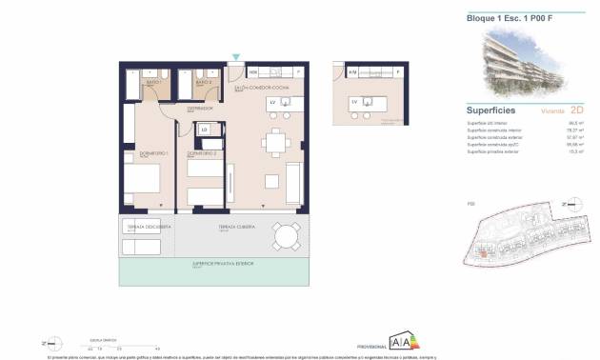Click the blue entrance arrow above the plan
coord(235,57)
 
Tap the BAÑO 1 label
coord(151,83)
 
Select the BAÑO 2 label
coord(202,83)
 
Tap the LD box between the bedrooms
coord(204,130)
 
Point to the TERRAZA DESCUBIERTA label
coord(150,227)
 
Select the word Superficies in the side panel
coord(491,110)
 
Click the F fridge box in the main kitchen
coord(298,72)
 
